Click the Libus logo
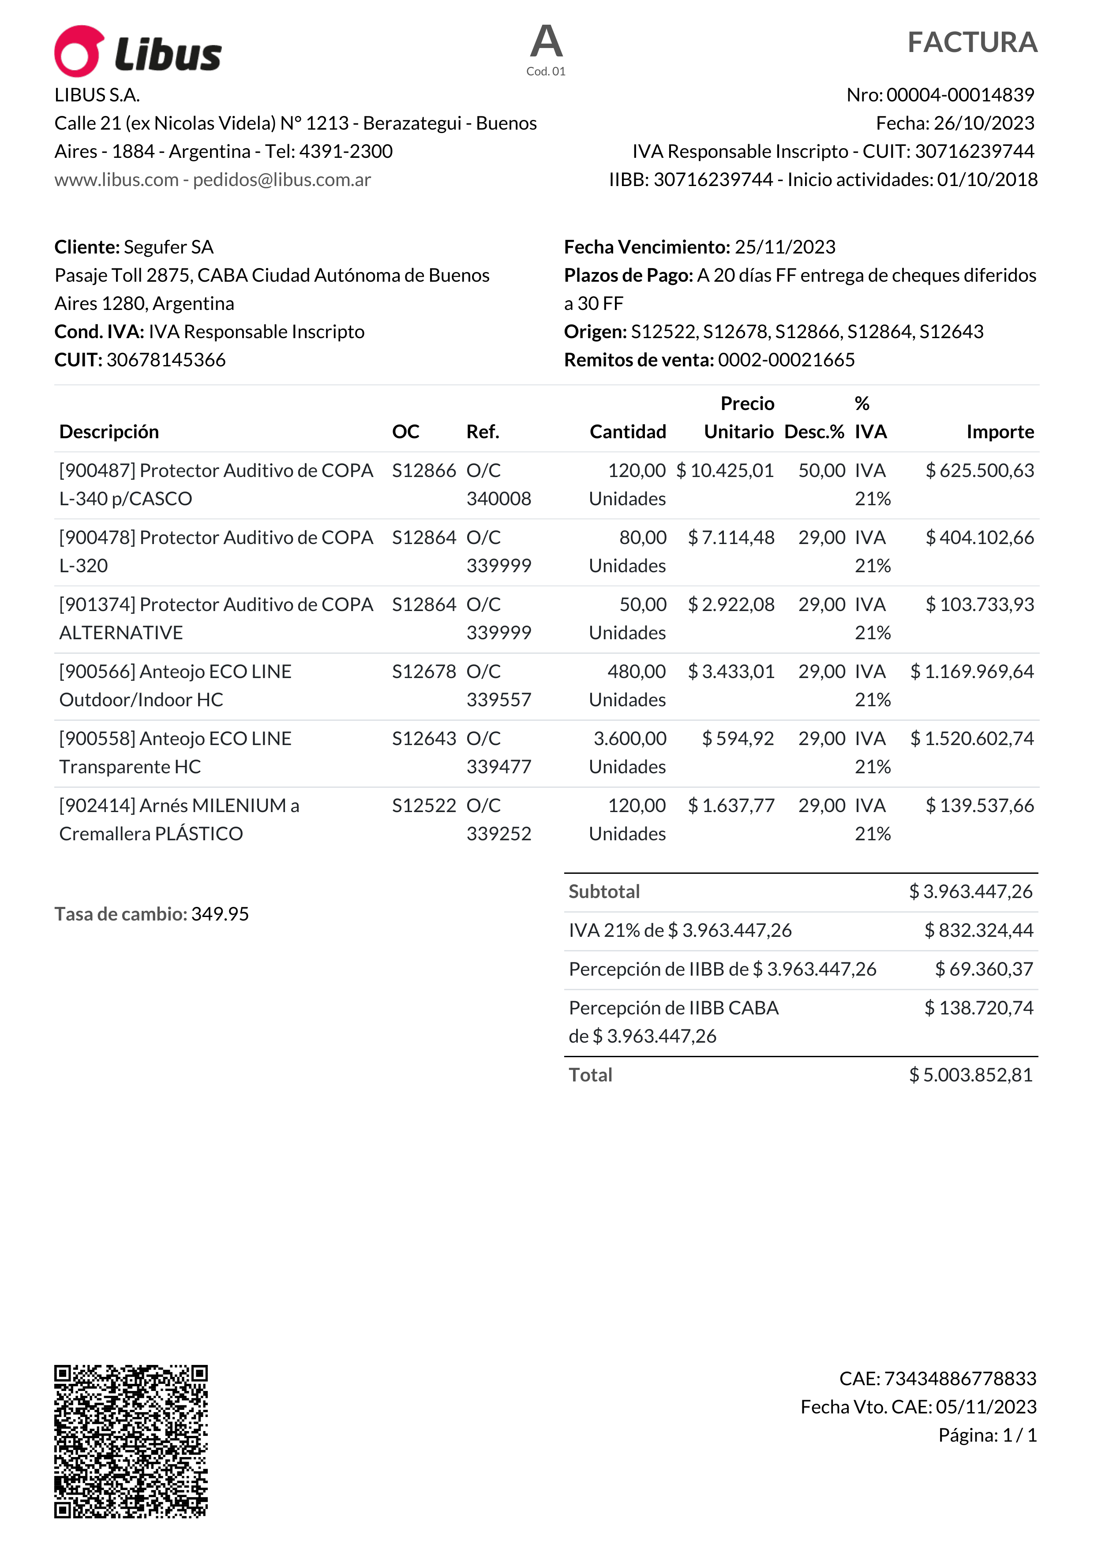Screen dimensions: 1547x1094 [x=138, y=52]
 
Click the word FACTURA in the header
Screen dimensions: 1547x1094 [x=972, y=42]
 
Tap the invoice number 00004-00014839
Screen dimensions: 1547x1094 [x=960, y=95]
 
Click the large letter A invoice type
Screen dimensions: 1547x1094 [x=546, y=42]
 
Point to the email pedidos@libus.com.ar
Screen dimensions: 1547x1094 [x=282, y=180]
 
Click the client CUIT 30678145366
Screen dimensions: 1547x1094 [x=166, y=360]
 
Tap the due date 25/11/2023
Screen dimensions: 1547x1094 [x=785, y=247]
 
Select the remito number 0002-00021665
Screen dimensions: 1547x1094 [x=786, y=360]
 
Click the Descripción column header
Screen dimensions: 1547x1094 [x=109, y=432]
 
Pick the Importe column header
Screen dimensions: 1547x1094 [x=1000, y=432]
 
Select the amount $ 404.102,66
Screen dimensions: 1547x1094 [x=979, y=538]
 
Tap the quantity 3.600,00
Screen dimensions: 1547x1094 [x=629, y=738]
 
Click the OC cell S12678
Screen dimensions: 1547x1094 [x=424, y=672]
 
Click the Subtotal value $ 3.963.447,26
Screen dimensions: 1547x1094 [x=970, y=891]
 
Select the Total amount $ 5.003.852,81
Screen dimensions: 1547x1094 [x=970, y=1075]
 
